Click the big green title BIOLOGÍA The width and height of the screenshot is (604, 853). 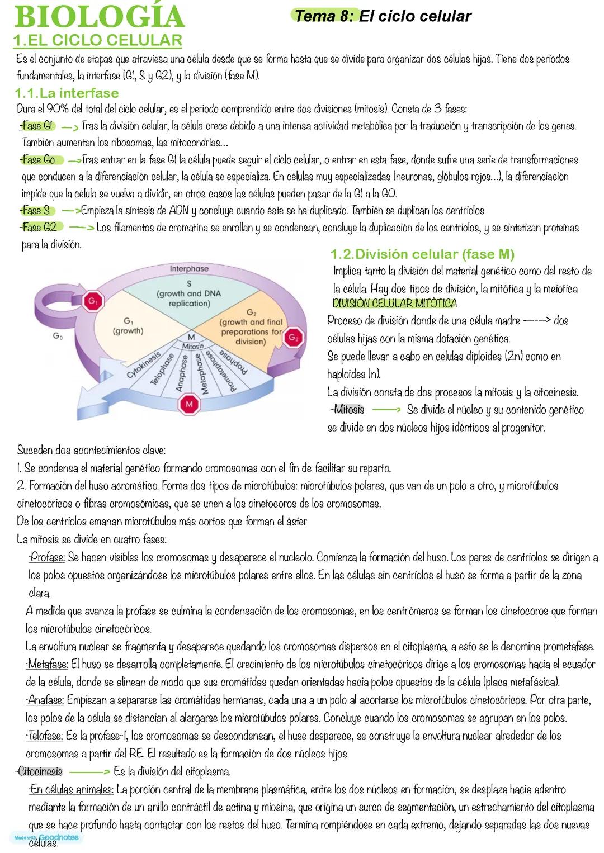(100, 17)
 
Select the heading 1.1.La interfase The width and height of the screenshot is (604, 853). (67, 93)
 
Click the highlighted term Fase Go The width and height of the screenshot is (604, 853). (39, 160)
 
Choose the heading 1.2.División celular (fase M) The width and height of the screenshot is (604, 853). (422, 254)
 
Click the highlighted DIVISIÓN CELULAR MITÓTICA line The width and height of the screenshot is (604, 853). (394, 304)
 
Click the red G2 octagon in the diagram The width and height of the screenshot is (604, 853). (294, 338)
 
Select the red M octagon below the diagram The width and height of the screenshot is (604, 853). (189, 404)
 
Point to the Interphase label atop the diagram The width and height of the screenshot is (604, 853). (189, 268)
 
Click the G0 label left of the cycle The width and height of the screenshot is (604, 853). (58, 337)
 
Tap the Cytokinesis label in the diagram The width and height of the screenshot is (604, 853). (143, 364)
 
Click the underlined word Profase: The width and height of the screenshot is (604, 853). (47, 557)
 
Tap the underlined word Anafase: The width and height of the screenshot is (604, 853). (46, 700)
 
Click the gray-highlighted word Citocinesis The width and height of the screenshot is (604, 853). (40, 772)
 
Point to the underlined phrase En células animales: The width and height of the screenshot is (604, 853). (72, 790)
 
